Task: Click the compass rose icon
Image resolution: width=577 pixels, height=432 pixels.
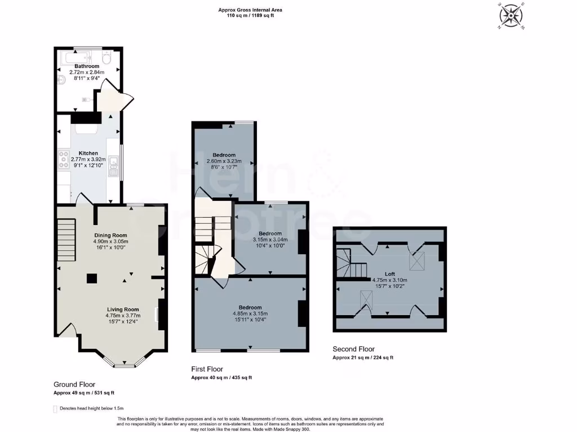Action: (x=511, y=15)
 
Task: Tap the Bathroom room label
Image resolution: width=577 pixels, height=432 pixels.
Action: (x=87, y=66)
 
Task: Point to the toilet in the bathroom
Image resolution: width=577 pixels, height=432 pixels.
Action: (x=106, y=57)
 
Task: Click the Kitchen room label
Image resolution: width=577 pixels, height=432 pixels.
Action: (x=88, y=153)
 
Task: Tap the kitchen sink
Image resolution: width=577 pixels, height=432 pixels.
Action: (x=114, y=163)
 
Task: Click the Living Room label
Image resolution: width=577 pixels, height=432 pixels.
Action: (x=123, y=309)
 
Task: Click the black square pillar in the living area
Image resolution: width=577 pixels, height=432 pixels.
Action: (x=91, y=277)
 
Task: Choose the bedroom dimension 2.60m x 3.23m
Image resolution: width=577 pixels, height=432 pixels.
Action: (x=224, y=161)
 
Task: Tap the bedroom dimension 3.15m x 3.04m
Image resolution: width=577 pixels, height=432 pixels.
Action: (x=270, y=239)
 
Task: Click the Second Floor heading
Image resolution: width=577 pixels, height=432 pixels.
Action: (x=353, y=349)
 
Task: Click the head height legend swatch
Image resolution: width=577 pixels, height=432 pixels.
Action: (x=55, y=409)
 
